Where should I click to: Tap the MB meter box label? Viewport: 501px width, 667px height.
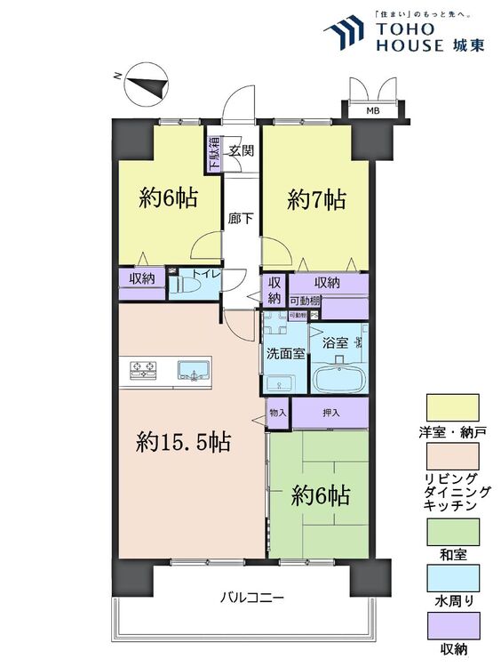click(x=369, y=110)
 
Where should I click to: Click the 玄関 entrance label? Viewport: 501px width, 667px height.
click(x=241, y=150)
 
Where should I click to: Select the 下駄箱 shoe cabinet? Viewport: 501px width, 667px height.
click(x=214, y=154)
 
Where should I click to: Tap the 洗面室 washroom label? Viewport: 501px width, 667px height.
click(x=285, y=353)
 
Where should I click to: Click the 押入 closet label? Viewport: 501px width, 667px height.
click(x=330, y=412)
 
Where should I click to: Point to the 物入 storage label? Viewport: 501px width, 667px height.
click(x=279, y=412)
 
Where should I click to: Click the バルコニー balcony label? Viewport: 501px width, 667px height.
click(x=252, y=599)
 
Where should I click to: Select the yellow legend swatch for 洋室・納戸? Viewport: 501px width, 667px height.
click(x=452, y=407)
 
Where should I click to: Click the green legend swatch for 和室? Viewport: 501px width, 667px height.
click(x=452, y=531)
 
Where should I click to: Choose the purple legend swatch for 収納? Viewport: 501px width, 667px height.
click(x=452, y=625)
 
